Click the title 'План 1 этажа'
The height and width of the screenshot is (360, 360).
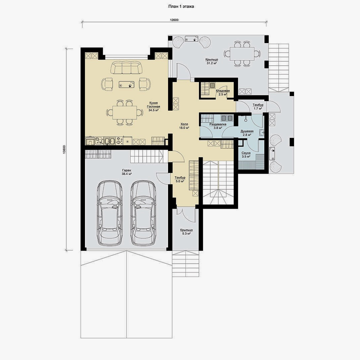click(181, 6)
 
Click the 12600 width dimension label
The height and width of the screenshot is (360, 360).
click(174, 20)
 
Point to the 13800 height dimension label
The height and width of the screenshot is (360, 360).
click(64, 149)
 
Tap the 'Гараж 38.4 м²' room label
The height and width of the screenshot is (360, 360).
click(127, 172)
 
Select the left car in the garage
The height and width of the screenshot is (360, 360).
click(110, 213)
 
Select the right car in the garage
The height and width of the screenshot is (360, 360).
click(143, 213)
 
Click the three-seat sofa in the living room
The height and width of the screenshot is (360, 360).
click(126, 67)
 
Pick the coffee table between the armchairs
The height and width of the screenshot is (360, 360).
click(127, 84)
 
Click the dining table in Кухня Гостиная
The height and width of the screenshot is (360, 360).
click(125, 113)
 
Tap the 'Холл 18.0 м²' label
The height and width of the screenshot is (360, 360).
click(184, 126)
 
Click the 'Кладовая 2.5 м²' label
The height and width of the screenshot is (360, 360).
click(223, 93)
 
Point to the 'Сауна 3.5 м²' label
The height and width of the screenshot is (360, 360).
click(246, 155)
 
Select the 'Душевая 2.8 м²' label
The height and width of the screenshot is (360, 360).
click(247, 133)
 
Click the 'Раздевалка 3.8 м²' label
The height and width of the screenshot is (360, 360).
click(218, 126)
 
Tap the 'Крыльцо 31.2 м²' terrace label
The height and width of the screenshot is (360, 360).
click(212, 61)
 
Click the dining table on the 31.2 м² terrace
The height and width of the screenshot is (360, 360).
click(242, 54)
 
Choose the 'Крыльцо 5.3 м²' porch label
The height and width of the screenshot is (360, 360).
click(186, 232)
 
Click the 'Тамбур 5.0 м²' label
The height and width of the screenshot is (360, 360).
click(180, 180)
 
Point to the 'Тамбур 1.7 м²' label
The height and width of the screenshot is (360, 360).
click(258, 107)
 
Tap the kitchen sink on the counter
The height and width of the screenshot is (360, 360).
click(109, 141)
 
